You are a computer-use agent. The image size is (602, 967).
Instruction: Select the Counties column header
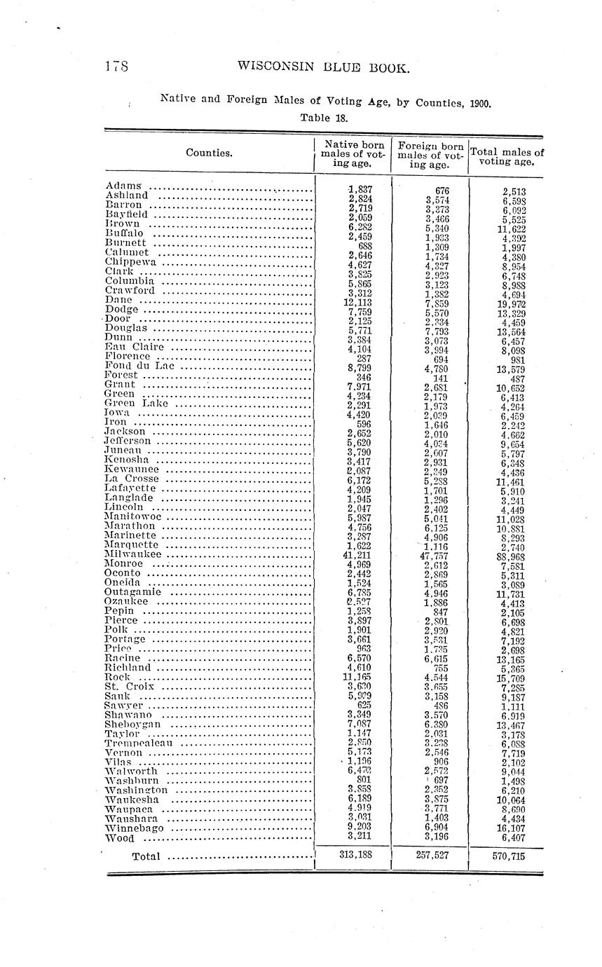click(x=209, y=153)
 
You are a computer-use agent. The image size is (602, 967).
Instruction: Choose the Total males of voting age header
click(x=507, y=156)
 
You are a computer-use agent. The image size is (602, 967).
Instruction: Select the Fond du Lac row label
click(x=140, y=365)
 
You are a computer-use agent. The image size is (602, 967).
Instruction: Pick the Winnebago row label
click(x=135, y=828)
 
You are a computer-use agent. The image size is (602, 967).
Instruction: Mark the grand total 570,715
click(x=507, y=856)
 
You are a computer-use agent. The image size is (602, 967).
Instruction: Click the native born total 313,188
click(x=355, y=856)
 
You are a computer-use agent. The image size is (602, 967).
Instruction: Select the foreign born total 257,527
click(x=430, y=856)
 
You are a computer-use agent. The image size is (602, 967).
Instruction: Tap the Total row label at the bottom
click(x=146, y=856)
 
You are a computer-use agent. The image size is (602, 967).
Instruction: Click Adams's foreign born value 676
click(x=442, y=190)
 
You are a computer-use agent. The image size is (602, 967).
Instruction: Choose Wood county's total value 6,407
click(x=513, y=837)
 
